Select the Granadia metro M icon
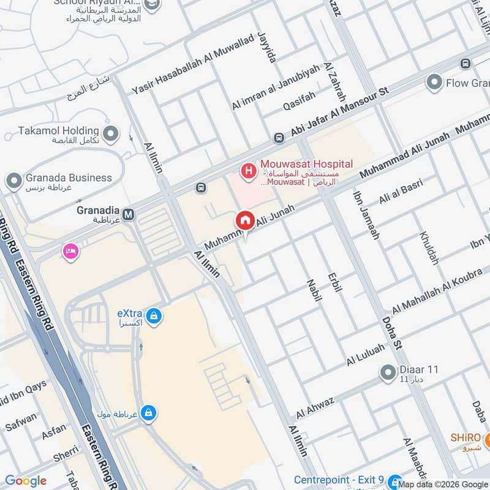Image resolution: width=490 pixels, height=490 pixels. point(129,214)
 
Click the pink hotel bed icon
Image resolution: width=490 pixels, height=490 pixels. point(70,251)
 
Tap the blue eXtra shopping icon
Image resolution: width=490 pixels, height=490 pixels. point(154,316)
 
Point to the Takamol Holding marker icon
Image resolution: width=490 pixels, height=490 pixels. point(111,132)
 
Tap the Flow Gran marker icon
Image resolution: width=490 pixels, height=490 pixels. point(435,82)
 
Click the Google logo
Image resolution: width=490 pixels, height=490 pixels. point(26,481)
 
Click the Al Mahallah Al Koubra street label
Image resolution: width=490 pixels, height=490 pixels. point(441,288)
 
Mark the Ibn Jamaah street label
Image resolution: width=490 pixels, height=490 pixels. point(366,215)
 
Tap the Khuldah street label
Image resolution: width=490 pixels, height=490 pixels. point(429,247)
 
